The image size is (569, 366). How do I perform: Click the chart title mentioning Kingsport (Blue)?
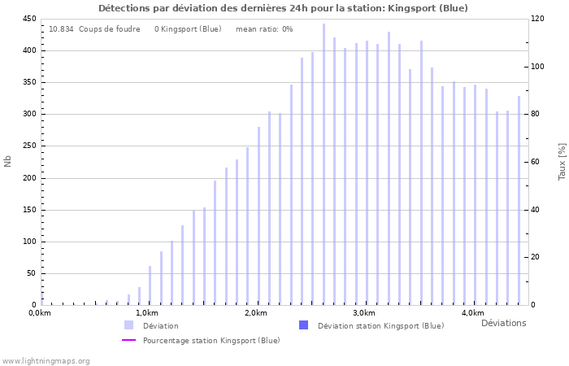pyautogui.click(x=283, y=8)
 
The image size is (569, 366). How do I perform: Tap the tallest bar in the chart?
pyautogui.click(x=324, y=163)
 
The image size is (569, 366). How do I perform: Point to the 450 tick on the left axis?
pyautogui.click(x=29, y=19)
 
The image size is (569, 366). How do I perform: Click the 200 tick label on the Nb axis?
pyautogui.click(x=29, y=178)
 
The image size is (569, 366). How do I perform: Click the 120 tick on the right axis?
pyautogui.click(x=538, y=19)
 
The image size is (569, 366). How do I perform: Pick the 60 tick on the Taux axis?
pyautogui.click(x=536, y=162)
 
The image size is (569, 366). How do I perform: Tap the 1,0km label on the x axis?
pyautogui.click(x=146, y=313)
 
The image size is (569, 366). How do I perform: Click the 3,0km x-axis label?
pyautogui.click(x=363, y=313)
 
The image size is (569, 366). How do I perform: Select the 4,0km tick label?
pyautogui.click(x=472, y=313)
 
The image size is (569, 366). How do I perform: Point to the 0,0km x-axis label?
pyautogui.click(x=40, y=313)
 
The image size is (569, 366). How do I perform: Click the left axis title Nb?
pyautogui.click(x=8, y=161)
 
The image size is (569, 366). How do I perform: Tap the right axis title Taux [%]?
pyautogui.click(x=562, y=161)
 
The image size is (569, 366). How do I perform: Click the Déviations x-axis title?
pyautogui.click(x=503, y=323)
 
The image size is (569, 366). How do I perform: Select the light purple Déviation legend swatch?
pyautogui.click(x=128, y=325)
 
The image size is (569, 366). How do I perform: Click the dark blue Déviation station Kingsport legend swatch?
pyautogui.click(x=303, y=325)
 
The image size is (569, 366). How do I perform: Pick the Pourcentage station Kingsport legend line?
pyautogui.click(x=128, y=340)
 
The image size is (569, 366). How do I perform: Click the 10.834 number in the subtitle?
pyautogui.click(x=61, y=28)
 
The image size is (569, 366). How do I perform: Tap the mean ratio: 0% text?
pyautogui.click(x=264, y=28)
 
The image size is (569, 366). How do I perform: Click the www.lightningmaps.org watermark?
pyautogui.click(x=46, y=360)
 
